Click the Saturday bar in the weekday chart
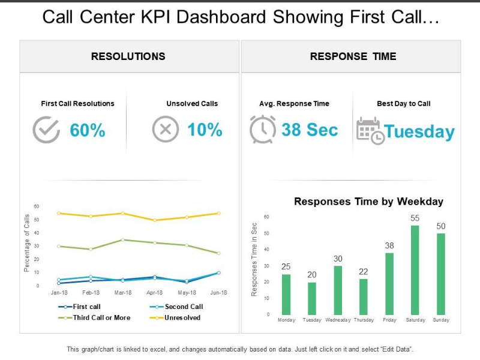coord(415,270)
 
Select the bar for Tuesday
coord(311,298)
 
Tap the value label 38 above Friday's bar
coord(389,245)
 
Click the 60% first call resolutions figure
coord(88,130)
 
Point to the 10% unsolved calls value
coord(205,130)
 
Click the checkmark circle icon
coord(46,130)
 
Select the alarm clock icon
coord(262,130)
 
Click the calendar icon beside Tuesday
coord(370,131)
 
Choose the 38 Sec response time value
coord(310,130)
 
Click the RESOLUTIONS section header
coord(128,56)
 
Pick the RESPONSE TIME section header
coord(353,56)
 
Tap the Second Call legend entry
coord(184,307)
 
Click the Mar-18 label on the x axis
coord(122,293)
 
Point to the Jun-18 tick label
coord(218,293)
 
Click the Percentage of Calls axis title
coord(27,243)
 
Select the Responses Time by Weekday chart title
coord(368,202)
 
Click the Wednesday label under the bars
coord(338,320)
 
